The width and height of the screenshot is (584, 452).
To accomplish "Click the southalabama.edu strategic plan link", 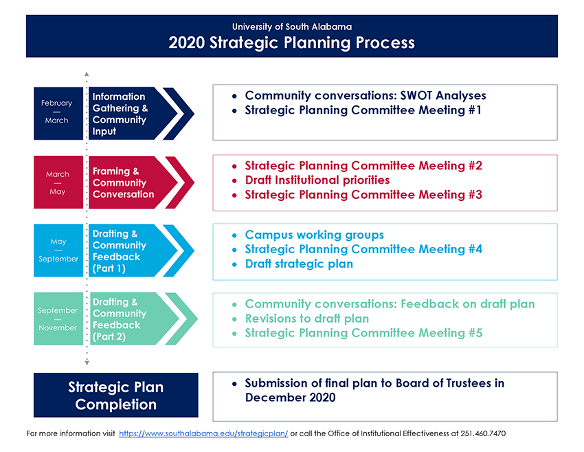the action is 203,433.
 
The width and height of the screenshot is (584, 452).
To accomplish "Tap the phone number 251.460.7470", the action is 483,433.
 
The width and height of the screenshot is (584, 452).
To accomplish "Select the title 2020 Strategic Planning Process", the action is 291,43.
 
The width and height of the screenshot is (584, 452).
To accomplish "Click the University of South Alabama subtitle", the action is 291,27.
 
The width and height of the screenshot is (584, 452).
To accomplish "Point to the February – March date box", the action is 58,114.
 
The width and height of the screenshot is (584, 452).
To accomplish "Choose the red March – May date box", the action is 58,182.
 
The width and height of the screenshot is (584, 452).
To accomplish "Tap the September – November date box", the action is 58,319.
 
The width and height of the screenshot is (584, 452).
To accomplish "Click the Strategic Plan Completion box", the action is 116,395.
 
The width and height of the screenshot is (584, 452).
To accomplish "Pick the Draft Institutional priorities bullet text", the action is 317,180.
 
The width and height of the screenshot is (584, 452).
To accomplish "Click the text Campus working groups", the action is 315,235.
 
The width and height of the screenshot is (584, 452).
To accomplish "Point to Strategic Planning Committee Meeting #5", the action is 363,333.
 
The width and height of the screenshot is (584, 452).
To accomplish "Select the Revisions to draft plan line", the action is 307,319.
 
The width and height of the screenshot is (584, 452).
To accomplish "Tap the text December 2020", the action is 290,398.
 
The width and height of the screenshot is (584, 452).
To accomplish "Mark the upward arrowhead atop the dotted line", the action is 87,74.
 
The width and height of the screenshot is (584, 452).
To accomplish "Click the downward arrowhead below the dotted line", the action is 87,363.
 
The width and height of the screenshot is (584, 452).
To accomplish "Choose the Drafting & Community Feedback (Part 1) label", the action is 119,250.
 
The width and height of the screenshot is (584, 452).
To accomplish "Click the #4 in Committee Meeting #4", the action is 475,249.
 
